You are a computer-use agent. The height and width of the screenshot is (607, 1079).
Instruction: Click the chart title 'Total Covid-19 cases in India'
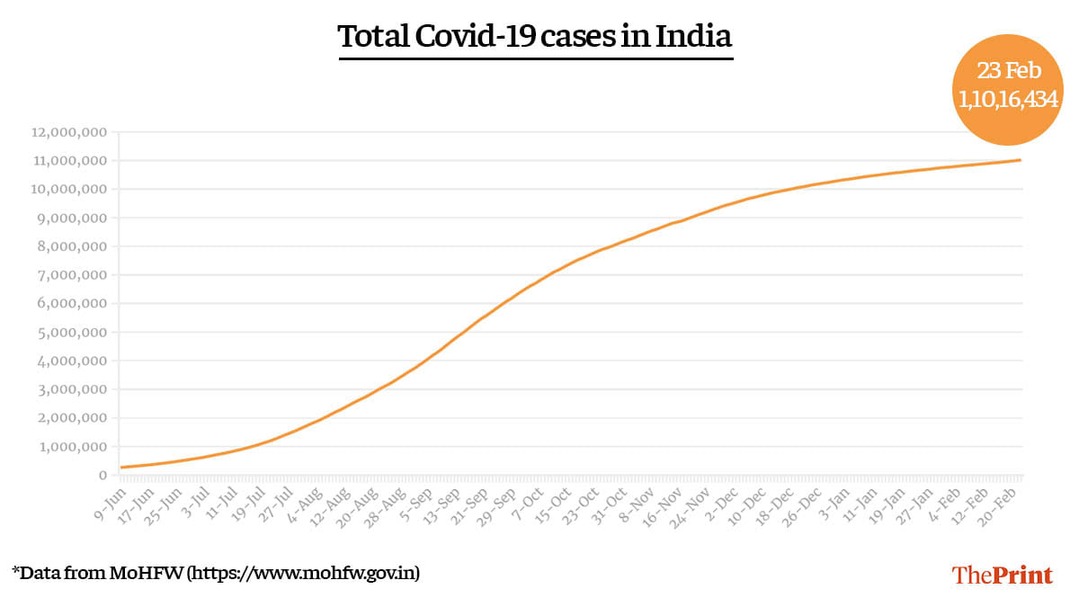click(x=535, y=37)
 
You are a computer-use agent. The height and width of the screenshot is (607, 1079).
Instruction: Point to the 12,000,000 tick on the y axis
click(x=69, y=132)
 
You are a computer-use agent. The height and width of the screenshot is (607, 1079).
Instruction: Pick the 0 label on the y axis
click(x=103, y=476)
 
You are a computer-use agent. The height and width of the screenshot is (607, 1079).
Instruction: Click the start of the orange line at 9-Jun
click(x=121, y=467)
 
